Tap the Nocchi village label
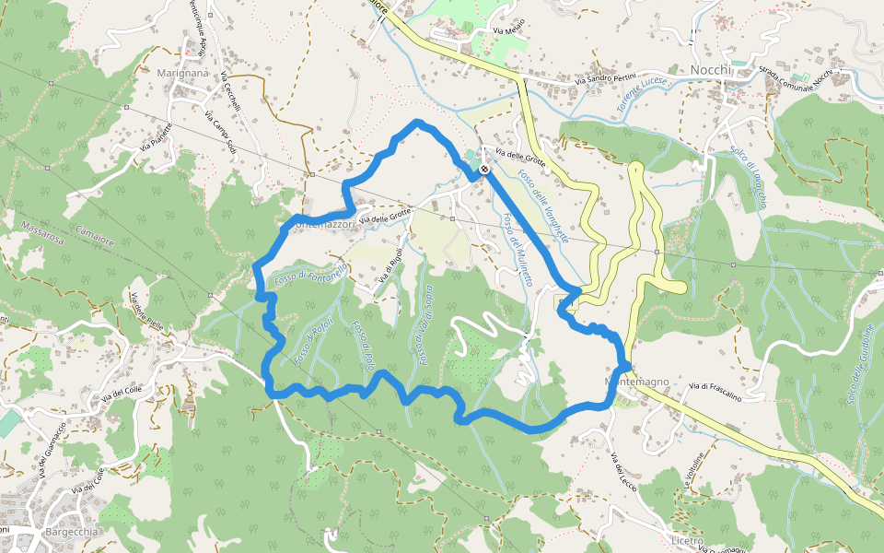point(710,70)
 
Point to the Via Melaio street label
point(508,27)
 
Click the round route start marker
point(483,170)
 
